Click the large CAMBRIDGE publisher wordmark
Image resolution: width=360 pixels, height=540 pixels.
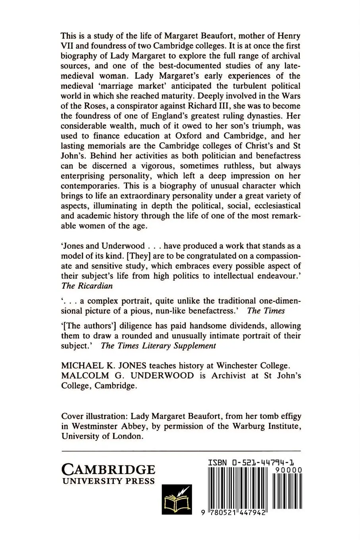(x=108, y=470)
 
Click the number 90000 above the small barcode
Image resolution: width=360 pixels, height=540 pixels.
(x=288, y=470)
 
